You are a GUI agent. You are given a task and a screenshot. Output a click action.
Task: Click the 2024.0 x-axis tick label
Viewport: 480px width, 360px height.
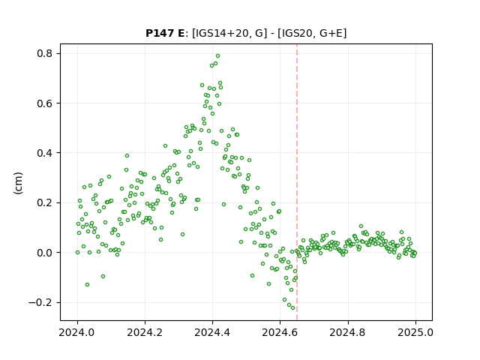(77, 332)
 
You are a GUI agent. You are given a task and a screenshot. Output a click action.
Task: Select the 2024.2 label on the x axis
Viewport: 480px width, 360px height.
(145, 332)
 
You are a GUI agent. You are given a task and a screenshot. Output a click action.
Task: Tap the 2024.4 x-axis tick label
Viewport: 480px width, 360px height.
(212, 332)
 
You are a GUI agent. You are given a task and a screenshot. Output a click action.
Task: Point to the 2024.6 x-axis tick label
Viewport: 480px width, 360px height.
(280, 332)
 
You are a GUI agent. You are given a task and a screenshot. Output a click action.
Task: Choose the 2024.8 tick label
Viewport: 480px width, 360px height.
(347, 332)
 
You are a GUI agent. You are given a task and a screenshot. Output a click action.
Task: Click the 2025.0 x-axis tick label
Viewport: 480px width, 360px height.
(415, 332)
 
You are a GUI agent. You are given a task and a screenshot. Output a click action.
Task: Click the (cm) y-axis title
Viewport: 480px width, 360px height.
(18, 183)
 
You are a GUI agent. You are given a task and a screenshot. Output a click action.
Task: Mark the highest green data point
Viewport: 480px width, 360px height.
(218, 56)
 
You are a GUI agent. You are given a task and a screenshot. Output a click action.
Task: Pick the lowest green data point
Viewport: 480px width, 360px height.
(292, 308)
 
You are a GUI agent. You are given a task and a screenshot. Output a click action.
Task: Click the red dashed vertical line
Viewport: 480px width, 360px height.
(297, 182)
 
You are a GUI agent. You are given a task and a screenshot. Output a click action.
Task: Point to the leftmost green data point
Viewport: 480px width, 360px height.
(77, 253)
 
